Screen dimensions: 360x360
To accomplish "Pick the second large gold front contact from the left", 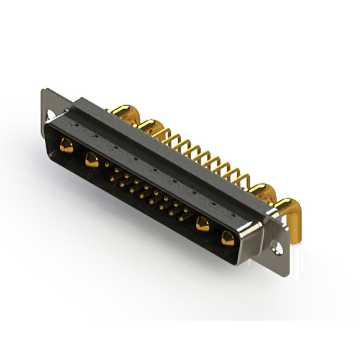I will (91, 161).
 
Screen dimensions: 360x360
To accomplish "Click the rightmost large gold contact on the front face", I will (228, 238).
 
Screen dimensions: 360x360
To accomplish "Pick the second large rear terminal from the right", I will (260, 191).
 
